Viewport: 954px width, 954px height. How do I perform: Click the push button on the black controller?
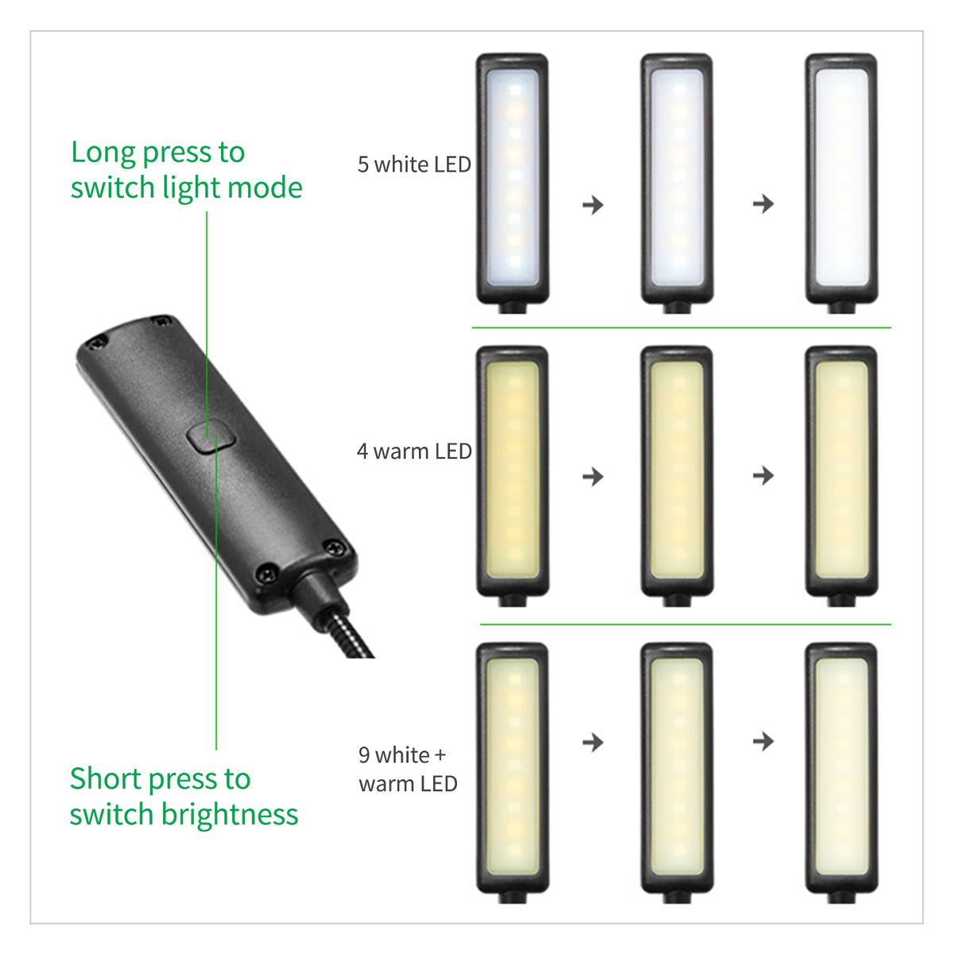coord(211,435)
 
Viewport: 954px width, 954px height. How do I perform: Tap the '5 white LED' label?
coord(414,165)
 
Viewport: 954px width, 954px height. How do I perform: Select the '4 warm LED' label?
coord(414,452)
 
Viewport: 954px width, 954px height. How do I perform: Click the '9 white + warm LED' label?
coord(408,770)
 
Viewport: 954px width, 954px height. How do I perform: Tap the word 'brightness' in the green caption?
coord(230,815)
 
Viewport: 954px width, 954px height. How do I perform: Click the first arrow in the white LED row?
coord(592,204)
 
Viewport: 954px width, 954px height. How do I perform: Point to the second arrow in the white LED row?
coord(763,204)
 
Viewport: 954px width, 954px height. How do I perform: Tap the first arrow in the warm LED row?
coord(592,477)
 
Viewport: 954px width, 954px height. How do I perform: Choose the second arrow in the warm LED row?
coord(763,475)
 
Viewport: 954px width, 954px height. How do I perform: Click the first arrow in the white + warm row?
coord(592,742)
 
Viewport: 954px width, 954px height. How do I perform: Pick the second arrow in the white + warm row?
coord(763,741)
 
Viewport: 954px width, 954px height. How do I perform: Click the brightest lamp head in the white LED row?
coord(840,178)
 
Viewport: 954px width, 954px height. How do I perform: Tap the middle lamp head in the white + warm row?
coord(677,767)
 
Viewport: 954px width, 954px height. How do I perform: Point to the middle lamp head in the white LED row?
coord(677,178)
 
